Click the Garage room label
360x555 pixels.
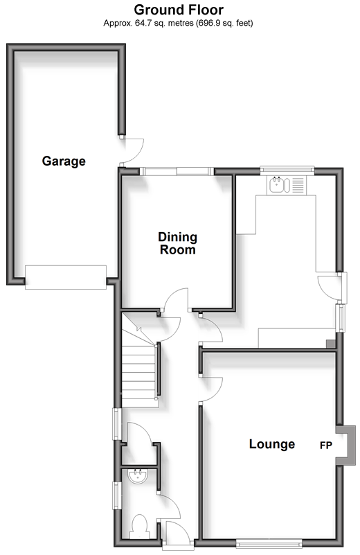tap(64, 161)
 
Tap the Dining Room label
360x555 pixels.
tap(177, 243)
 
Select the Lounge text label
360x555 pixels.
tap(272, 444)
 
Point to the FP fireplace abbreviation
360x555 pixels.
tap(326, 446)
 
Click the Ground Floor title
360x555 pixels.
tap(179, 10)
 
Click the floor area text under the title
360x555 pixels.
tap(178, 24)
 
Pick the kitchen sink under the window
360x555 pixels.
tap(280, 185)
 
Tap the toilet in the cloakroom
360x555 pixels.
tap(139, 527)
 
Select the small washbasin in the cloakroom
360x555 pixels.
tap(138, 477)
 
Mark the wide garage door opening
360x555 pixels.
tap(66, 277)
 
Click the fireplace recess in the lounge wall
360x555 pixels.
tap(346, 446)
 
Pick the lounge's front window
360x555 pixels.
tap(269, 543)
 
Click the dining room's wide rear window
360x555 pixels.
tap(177, 172)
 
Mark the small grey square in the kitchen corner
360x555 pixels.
tap(331, 344)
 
